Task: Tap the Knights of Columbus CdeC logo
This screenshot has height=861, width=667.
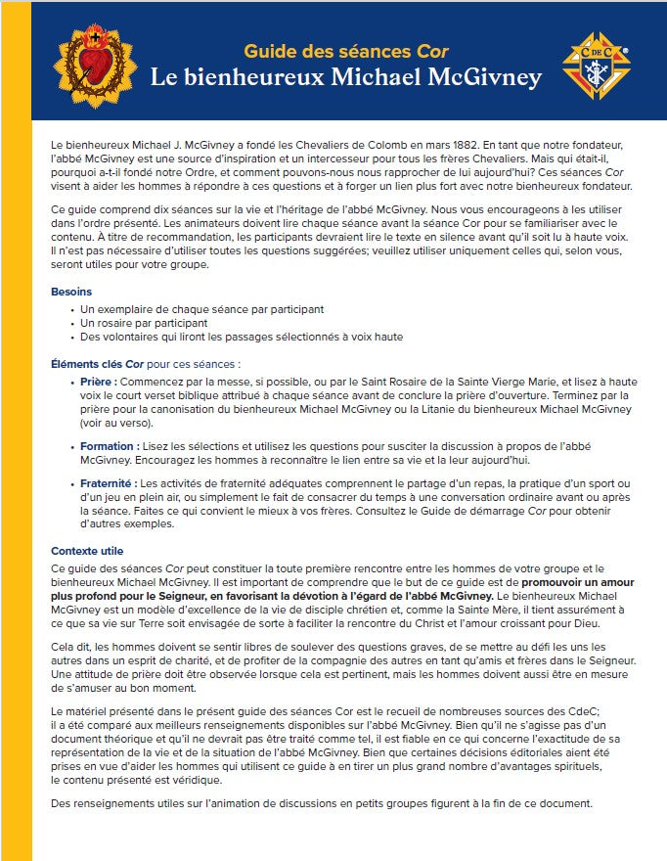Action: (597, 66)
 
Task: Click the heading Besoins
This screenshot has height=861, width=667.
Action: (71, 292)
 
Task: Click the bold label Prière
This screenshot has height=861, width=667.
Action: (100, 382)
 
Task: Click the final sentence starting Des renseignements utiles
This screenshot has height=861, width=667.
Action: (323, 803)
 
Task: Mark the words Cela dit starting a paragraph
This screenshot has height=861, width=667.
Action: (68, 646)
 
